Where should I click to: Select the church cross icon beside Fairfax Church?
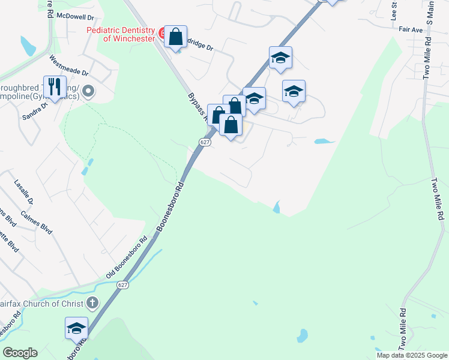click(x=92, y=302)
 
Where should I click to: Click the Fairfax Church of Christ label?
click(x=42, y=304)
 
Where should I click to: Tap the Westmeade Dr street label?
click(x=69, y=66)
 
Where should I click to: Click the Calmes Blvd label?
click(x=37, y=221)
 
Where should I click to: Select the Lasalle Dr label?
click(x=23, y=187)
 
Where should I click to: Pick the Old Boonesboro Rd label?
click(x=127, y=257)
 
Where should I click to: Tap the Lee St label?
click(x=394, y=11)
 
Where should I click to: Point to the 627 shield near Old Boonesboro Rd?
click(x=122, y=284)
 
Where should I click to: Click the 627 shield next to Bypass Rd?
click(x=205, y=142)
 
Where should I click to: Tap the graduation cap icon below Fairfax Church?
click(x=76, y=328)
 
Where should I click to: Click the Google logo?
click(x=20, y=353)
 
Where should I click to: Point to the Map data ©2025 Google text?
click(x=411, y=355)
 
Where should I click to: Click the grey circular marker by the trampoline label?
click(x=89, y=92)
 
